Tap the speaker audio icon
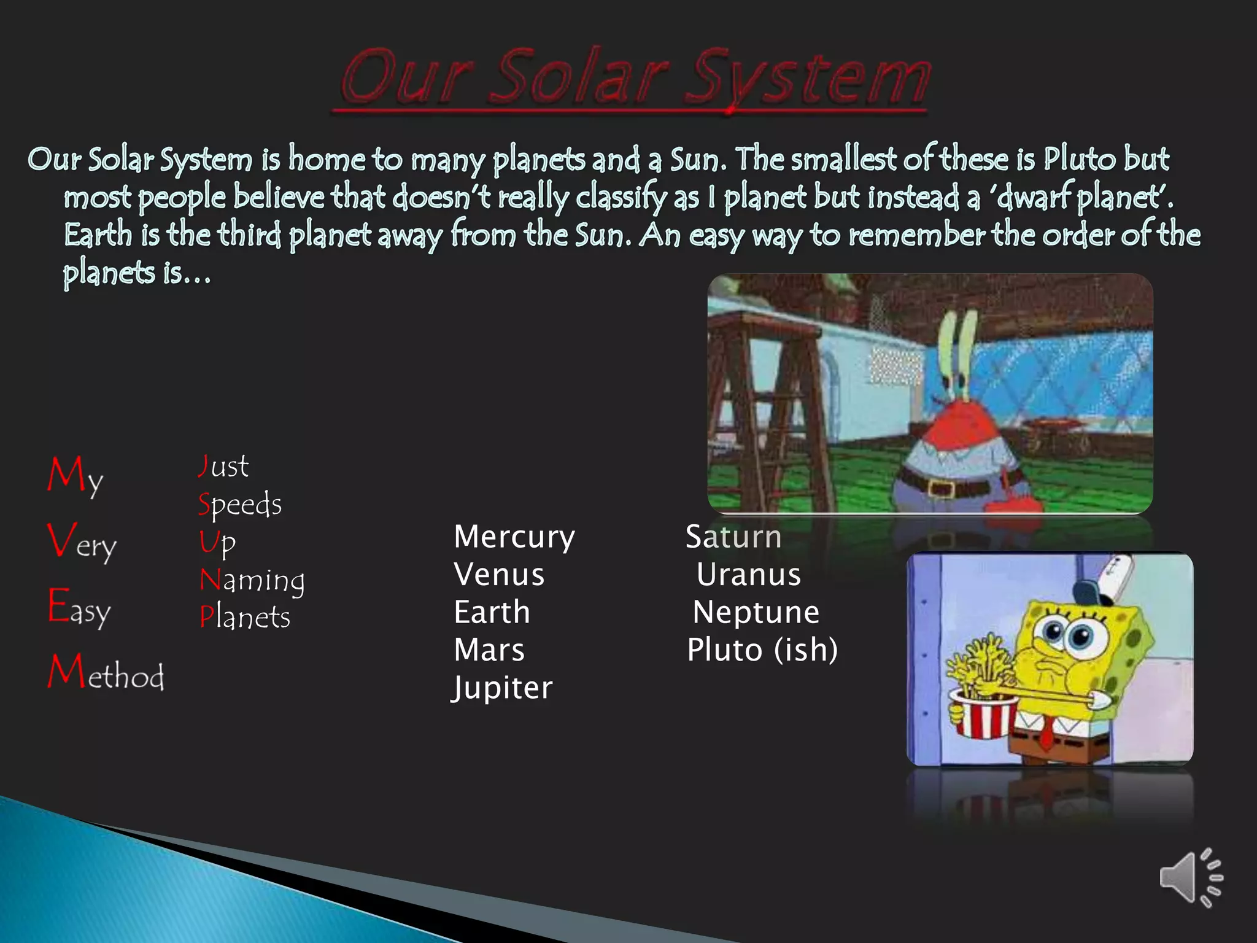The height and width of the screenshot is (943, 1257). (1189, 878)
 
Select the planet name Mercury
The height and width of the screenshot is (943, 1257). (514, 538)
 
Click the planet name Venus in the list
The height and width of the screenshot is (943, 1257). (499, 575)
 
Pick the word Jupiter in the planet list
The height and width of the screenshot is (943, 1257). (503, 688)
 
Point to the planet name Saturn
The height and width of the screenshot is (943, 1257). (733, 537)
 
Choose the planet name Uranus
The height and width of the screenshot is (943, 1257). (749, 575)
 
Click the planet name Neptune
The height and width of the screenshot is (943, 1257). (756, 613)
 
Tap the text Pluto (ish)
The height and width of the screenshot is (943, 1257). (762, 650)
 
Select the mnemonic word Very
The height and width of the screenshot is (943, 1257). (82, 541)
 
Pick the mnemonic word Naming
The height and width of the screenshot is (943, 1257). (252, 580)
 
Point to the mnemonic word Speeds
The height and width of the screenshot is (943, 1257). (240, 505)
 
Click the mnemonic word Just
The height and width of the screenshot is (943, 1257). (223, 467)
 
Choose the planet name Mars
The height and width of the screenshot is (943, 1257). (489, 650)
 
